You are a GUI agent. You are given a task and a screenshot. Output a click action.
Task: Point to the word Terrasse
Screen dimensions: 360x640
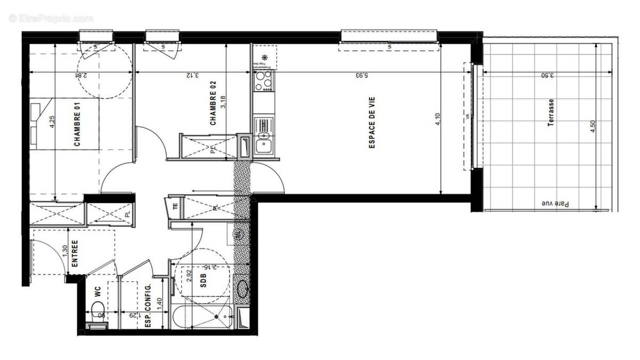[x=551, y=112]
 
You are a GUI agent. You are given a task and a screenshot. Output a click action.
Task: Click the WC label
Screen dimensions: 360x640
[x=98, y=292]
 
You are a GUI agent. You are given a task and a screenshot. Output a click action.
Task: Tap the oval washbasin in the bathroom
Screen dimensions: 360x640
[x=243, y=289]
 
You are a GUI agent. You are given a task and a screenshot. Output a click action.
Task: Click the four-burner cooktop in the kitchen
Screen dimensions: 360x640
[x=263, y=81]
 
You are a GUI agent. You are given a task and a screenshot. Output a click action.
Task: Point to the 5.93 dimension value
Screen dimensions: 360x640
[x=362, y=75]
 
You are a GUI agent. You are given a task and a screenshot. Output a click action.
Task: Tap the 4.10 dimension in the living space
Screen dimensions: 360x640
[x=437, y=122]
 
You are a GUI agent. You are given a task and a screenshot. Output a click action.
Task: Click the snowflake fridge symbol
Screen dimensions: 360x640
[x=264, y=58]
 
